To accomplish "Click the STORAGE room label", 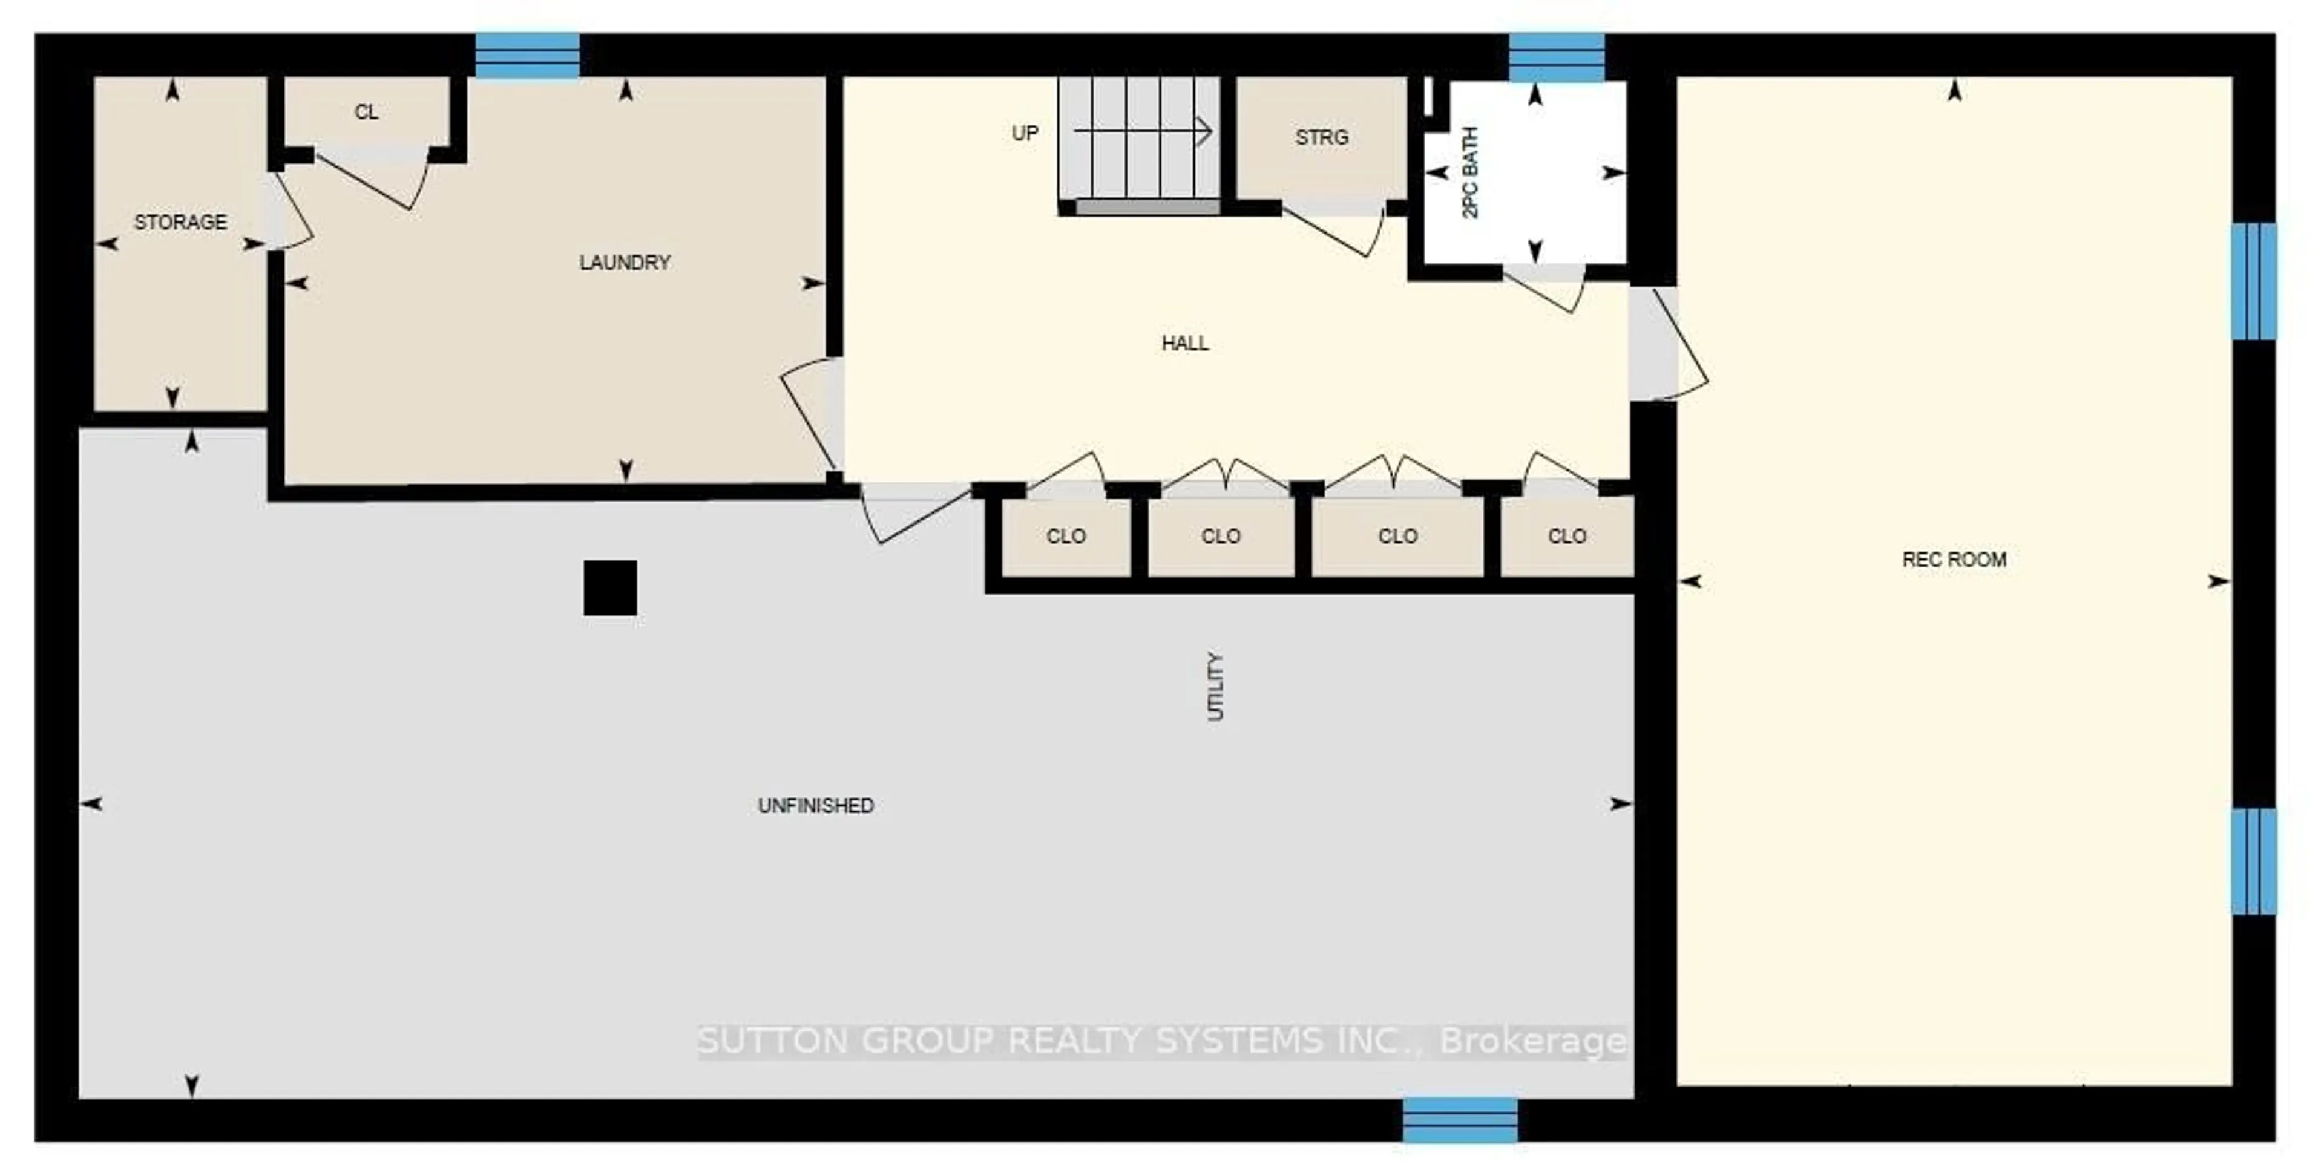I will tap(180, 222).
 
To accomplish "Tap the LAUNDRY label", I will tap(625, 263).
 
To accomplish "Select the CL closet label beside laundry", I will tap(366, 112).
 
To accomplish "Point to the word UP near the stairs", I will tap(1025, 134).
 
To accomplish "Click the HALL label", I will tap(1184, 342).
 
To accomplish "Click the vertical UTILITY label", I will tap(1215, 686).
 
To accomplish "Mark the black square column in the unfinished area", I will tap(610, 588).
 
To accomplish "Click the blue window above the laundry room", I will tap(527, 56).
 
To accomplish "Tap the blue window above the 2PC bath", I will tap(1556, 57).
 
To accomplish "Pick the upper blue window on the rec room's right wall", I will tap(2253, 281).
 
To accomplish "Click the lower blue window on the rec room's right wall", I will tap(2253, 861).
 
